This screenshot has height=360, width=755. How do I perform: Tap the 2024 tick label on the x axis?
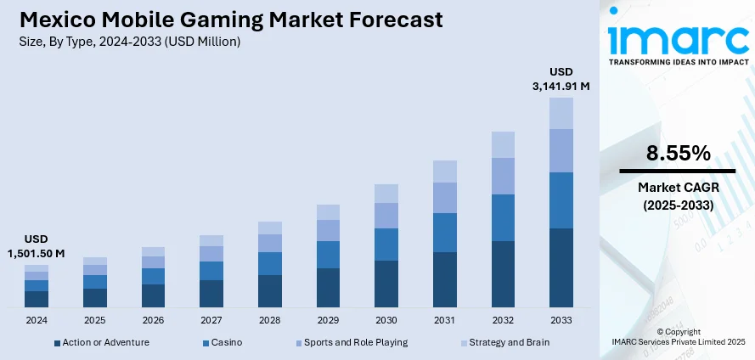point(37,320)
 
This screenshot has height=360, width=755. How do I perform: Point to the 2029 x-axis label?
point(328,320)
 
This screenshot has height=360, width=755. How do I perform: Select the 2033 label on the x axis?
point(561,320)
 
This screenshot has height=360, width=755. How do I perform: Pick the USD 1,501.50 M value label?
point(36,246)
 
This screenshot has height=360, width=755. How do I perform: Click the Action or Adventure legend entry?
point(101,342)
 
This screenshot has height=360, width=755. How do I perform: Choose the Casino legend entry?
point(222,342)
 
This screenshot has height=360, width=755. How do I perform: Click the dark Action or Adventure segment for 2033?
point(561,267)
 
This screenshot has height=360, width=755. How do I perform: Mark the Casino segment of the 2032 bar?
point(503,217)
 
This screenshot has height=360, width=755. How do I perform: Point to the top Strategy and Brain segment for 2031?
point(444,172)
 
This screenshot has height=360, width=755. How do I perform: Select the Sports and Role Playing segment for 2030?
point(386,216)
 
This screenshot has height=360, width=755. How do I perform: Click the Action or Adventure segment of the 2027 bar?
point(211,293)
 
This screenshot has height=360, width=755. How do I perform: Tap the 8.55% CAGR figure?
point(677,154)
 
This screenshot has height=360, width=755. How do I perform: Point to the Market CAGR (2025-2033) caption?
point(677,196)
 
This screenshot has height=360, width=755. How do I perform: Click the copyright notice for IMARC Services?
point(677,336)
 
